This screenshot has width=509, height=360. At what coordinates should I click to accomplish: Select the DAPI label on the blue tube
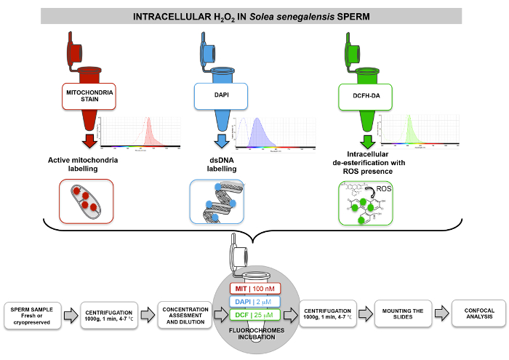tap(221, 95)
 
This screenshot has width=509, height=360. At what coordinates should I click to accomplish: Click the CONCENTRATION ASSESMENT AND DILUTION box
tap(178, 313)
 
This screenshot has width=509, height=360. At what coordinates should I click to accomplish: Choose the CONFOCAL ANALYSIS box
tap(476, 313)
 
